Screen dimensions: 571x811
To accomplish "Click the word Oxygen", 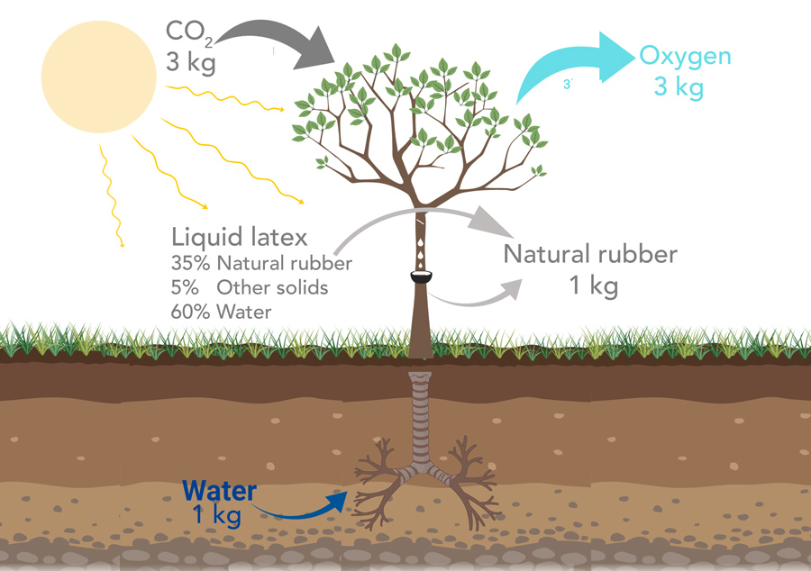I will (x=685, y=56).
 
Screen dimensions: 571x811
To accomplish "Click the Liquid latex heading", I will (x=240, y=238).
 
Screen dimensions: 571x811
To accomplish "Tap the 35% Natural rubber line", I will (x=261, y=265).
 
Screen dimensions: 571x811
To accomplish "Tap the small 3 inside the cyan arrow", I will (x=567, y=84).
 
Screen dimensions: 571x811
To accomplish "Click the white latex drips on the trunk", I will (x=421, y=243).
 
